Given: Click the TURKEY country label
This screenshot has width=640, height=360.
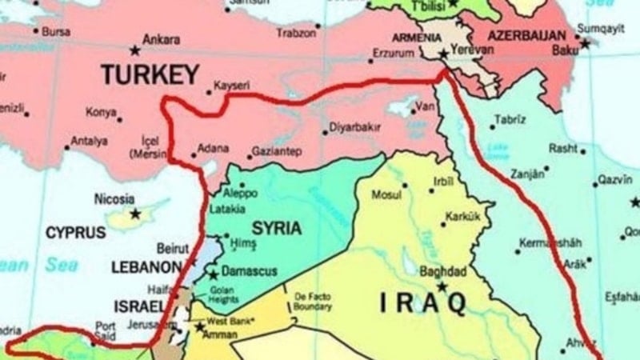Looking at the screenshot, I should click(x=150, y=74).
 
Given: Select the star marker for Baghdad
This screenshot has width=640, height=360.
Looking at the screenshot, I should click(x=441, y=286).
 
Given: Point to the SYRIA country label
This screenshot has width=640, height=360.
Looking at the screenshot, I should click(x=276, y=228).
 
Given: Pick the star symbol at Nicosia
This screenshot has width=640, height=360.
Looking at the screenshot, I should click(x=135, y=214).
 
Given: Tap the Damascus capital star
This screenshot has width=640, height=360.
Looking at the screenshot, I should click(x=213, y=274).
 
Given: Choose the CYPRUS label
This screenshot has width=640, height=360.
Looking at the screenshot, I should click(x=75, y=233).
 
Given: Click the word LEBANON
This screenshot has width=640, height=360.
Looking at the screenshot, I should click(x=146, y=266).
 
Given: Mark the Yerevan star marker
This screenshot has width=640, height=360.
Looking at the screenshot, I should click(x=444, y=54).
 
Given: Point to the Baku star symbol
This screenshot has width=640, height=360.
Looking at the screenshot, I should click(x=585, y=44).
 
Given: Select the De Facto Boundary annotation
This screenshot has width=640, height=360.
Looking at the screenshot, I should click(x=312, y=300).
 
